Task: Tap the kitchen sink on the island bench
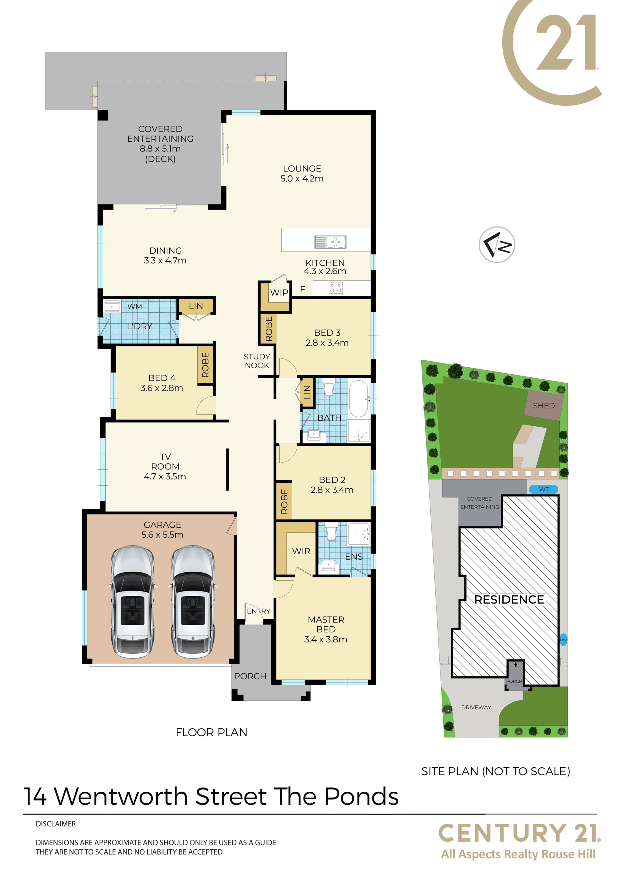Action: (x=330, y=242)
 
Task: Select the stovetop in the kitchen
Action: (x=335, y=288)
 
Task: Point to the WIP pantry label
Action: (x=279, y=292)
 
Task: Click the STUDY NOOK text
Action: (x=257, y=361)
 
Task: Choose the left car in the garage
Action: (x=132, y=601)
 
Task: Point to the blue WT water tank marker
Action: (x=543, y=489)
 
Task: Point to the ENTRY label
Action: (x=258, y=611)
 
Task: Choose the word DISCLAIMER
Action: (x=56, y=824)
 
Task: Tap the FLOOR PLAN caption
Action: (x=212, y=732)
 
